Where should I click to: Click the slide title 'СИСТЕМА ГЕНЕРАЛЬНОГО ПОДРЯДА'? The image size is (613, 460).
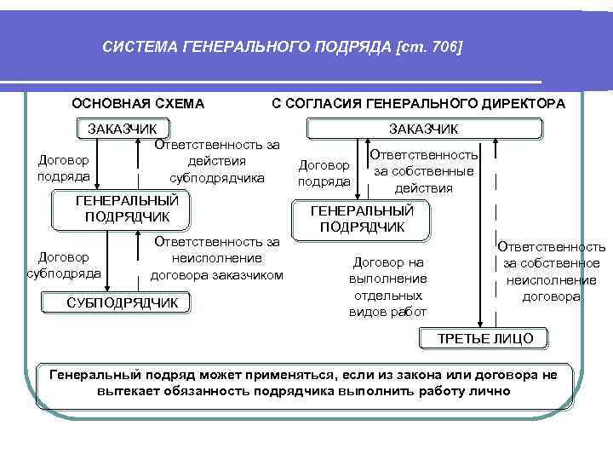pos(247,49)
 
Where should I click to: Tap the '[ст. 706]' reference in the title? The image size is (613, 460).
pos(429,49)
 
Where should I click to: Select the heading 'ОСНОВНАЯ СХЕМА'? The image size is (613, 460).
pos(138,104)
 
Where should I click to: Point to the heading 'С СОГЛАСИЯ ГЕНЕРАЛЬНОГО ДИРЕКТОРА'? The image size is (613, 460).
pos(417,104)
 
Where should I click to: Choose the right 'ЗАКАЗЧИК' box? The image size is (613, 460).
pos(423,129)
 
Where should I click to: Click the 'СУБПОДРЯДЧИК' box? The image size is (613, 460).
pos(123,303)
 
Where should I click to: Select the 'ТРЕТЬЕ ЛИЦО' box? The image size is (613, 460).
pos(484,338)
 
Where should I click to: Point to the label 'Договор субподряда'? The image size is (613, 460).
pos(65,265)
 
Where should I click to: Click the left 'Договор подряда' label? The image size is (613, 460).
pos(65,170)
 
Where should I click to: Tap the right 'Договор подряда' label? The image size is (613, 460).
pos(324,173)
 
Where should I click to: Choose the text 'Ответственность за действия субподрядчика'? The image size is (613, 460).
pos(217,162)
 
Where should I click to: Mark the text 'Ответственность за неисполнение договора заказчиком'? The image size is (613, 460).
pos(217,258)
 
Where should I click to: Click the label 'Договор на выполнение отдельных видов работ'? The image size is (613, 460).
pos(387,287)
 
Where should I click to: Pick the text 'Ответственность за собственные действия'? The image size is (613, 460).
pos(423,171)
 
